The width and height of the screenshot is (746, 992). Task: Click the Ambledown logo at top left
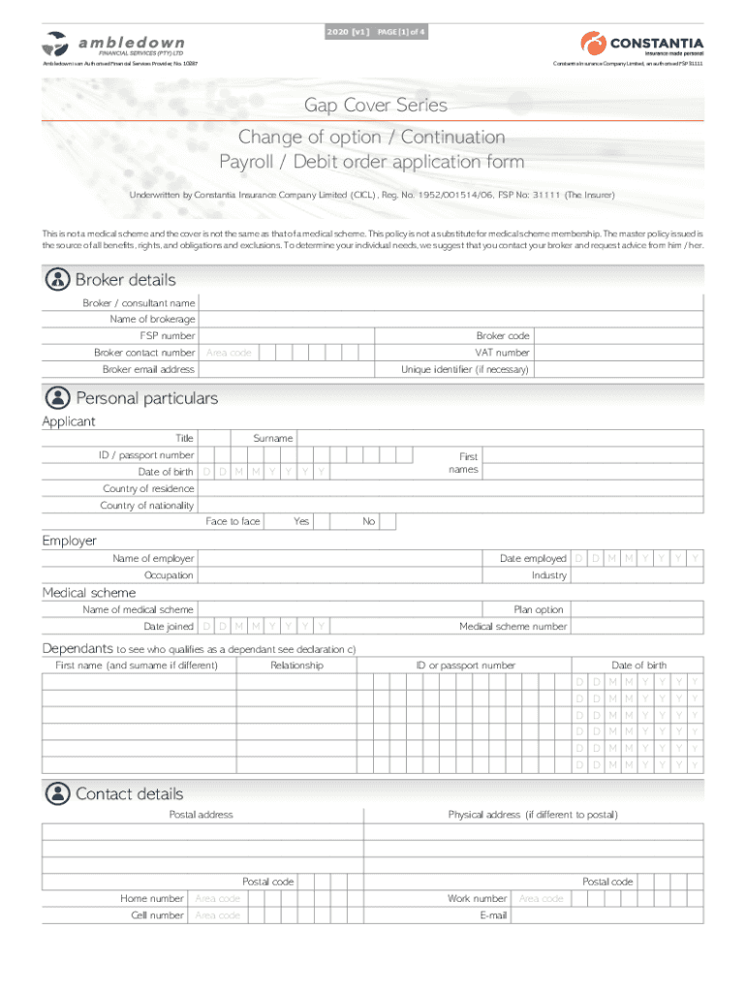click(x=112, y=46)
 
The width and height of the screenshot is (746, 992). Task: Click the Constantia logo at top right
click(x=641, y=44)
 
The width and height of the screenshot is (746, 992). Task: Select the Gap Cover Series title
click(x=376, y=105)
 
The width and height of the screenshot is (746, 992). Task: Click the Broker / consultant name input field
click(x=451, y=303)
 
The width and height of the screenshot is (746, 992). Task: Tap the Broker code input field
click(x=618, y=336)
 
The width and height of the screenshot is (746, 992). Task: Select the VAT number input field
click(x=618, y=353)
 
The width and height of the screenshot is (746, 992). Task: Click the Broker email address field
click(x=285, y=369)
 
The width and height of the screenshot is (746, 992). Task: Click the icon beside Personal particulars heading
click(x=58, y=398)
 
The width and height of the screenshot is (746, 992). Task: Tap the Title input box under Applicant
click(x=214, y=438)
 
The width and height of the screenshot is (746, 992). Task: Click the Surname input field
click(x=499, y=438)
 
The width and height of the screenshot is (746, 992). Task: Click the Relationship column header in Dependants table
click(x=296, y=666)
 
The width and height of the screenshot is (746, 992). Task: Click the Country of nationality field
click(x=451, y=505)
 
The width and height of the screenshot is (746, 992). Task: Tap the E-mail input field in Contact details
click(x=607, y=915)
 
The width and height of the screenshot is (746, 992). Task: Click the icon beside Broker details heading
click(x=58, y=280)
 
